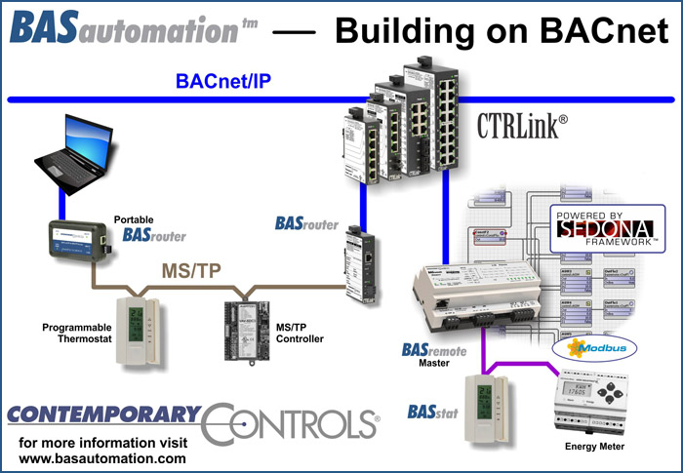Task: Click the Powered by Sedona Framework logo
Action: [x=605, y=227]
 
